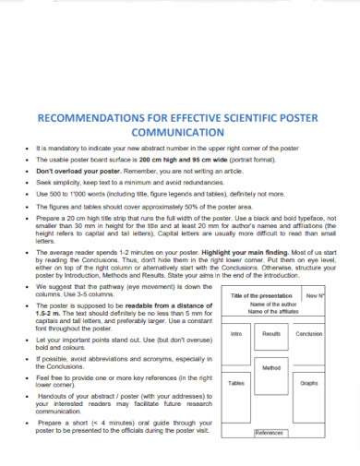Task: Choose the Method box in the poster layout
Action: tap(271, 367)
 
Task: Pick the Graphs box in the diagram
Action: tap(309, 382)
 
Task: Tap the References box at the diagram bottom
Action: tap(269, 433)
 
